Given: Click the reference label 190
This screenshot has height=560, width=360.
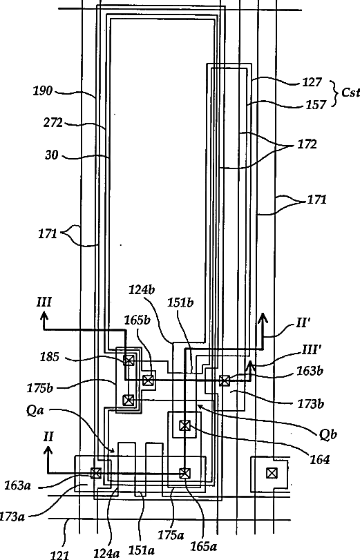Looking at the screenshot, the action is [x=43, y=90].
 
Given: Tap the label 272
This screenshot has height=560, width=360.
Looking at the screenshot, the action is [x=53, y=123].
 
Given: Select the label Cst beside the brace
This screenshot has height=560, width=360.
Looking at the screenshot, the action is [x=350, y=93].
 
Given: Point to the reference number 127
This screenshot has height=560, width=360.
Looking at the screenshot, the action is [x=312, y=82].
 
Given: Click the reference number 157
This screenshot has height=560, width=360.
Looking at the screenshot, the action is [x=316, y=105].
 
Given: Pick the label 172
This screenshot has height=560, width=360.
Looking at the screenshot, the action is [x=307, y=144].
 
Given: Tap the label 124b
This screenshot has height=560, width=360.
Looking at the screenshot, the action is [x=142, y=289].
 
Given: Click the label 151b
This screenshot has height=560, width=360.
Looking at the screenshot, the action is [x=180, y=303].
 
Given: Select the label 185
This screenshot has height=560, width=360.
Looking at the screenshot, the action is [x=49, y=357].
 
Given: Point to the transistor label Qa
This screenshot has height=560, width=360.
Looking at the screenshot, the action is [x=35, y=410].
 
